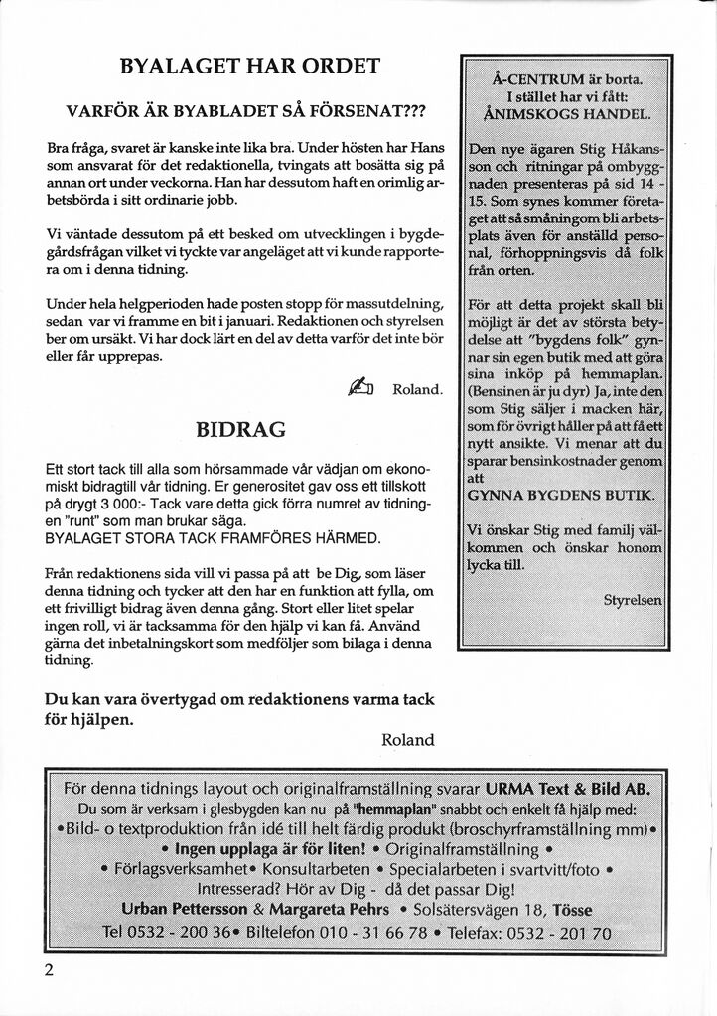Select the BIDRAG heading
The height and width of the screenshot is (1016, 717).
(241, 430)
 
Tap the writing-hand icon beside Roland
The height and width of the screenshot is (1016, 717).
(359, 388)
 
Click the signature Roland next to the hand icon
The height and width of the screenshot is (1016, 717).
(417, 389)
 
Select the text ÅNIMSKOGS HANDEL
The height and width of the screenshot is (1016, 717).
(564, 113)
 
